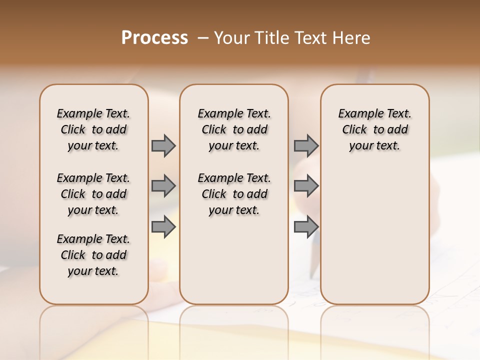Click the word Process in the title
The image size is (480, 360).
point(154,38)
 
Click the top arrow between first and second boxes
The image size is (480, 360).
point(163,146)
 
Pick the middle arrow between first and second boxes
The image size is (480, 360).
point(163,186)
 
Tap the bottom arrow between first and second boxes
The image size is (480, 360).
point(163,227)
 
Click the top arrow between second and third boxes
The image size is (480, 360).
point(306,146)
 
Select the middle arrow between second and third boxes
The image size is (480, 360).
point(306,186)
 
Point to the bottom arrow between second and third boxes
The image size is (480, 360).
point(306,227)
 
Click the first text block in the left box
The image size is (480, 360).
point(93,129)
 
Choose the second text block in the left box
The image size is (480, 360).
point(93,194)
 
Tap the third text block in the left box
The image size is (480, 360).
point(93,255)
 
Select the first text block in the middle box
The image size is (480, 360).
point(234,129)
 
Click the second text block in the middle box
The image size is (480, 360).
point(234,194)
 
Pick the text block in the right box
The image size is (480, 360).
point(374,129)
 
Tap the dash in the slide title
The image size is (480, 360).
point(202,38)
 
